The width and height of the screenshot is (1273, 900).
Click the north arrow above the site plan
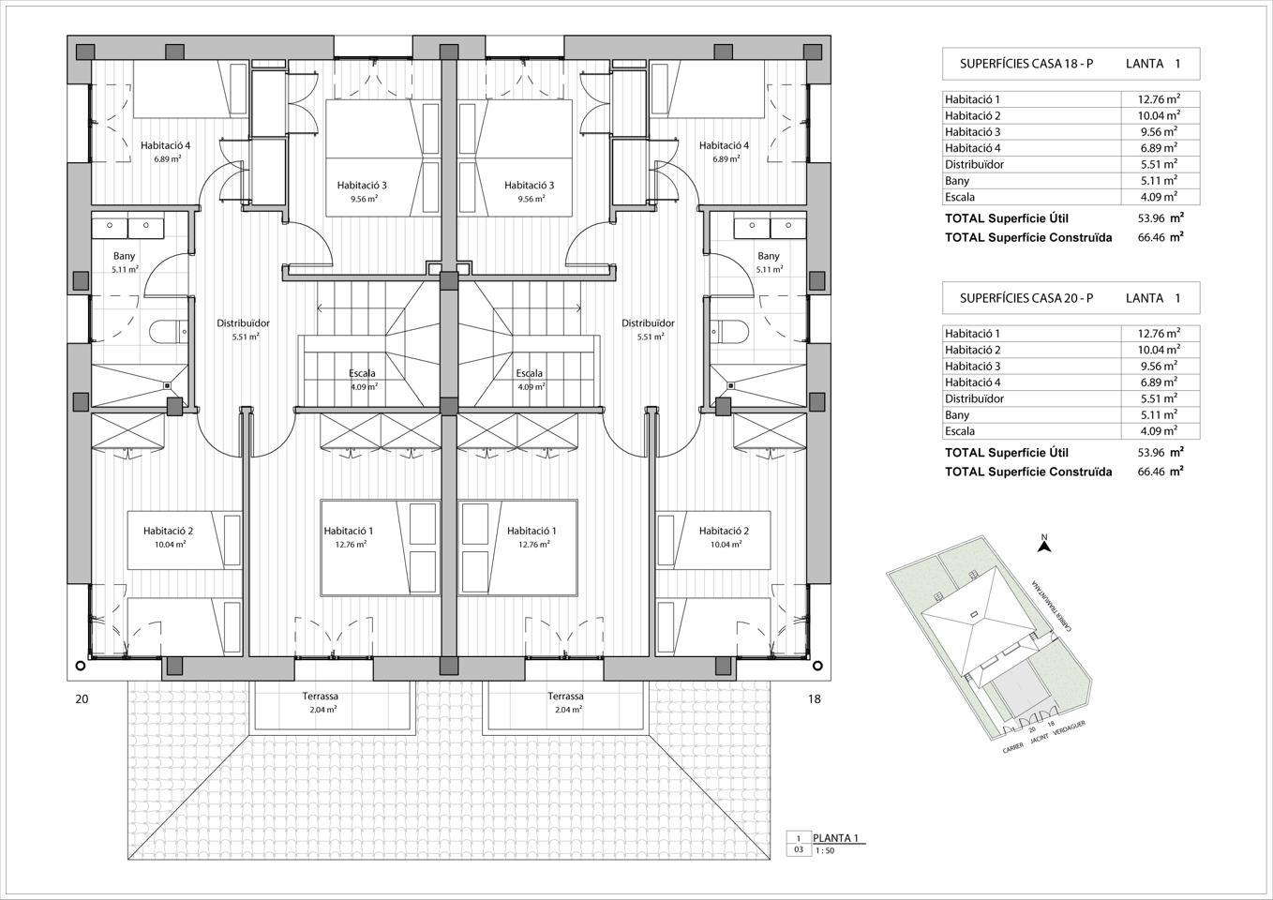click(x=1044, y=547)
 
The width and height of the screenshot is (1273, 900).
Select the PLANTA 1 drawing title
click(x=835, y=837)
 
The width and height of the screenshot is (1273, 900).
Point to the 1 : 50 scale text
click(x=825, y=850)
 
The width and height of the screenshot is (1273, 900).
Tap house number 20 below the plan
click(x=82, y=698)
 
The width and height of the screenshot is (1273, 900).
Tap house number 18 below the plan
click(x=815, y=698)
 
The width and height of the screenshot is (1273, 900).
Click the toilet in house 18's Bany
click(x=729, y=332)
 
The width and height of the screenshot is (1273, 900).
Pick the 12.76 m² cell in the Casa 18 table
click(x=1159, y=98)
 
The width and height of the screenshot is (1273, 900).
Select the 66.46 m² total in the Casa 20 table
click(x=1161, y=471)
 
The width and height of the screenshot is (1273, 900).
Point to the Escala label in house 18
click(x=529, y=373)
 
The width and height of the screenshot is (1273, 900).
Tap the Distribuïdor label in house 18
click(x=648, y=323)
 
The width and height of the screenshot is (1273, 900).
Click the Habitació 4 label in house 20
click(x=165, y=145)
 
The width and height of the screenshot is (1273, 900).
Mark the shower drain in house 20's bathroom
click(x=167, y=385)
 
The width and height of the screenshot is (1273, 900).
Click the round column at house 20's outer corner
click(x=80, y=666)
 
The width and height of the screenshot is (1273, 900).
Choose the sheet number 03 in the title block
click(x=799, y=850)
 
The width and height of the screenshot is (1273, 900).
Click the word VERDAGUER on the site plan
click(x=1069, y=727)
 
